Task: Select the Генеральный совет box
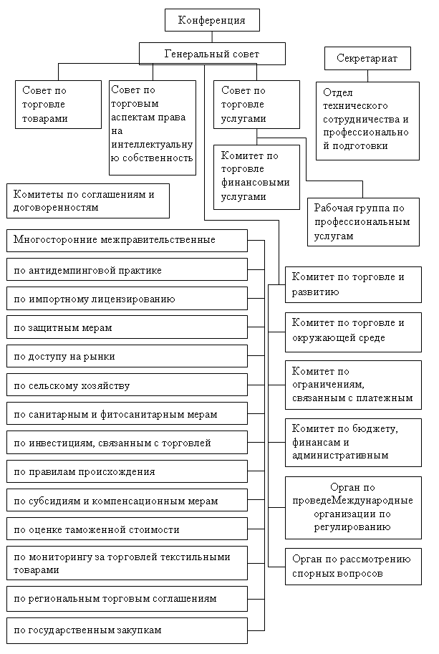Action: [212, 54]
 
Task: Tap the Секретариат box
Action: [367, 59]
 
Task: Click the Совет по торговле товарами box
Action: [58, 104]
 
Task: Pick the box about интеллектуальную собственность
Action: [153, 127]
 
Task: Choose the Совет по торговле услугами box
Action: [256, 104]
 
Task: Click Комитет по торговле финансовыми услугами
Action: [256, 175]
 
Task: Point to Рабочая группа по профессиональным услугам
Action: [362, 221]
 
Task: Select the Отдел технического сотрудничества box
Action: [368, 120]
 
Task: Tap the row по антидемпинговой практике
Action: [127, 270]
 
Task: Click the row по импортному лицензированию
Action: [127, 299]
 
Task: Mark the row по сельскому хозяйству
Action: [127, 385]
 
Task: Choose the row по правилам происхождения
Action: [127, 472]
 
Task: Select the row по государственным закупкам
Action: [127, 630]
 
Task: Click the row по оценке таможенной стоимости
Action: [127, 529]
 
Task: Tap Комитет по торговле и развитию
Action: [353, 284]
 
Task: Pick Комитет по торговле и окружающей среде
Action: [353, 330]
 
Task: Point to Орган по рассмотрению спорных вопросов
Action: [353, 566]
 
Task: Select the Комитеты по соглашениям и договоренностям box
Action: [88, 201]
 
